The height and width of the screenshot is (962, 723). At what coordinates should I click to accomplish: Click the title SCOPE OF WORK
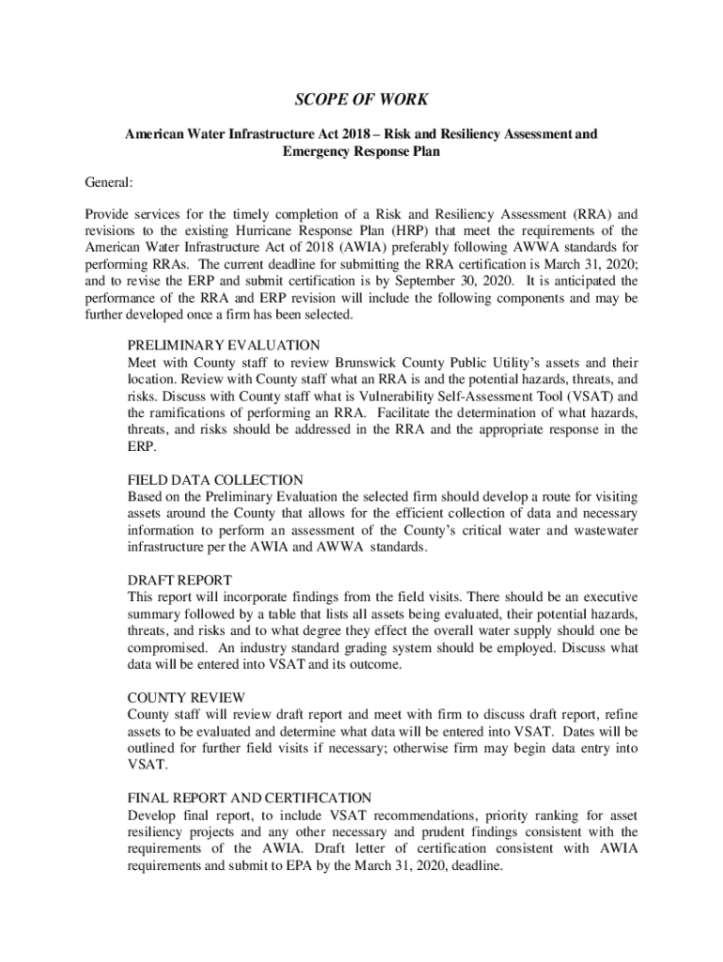(x=361, y=101)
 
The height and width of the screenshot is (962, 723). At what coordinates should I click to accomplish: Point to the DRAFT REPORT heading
(x=179, y=580)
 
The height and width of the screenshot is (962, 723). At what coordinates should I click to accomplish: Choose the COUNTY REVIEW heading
(x=186, y=697)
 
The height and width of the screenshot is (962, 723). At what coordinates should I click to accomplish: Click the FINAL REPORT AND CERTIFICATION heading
(x=249, y=798)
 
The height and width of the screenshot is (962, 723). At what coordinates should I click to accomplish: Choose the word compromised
(x=164, y=648)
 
